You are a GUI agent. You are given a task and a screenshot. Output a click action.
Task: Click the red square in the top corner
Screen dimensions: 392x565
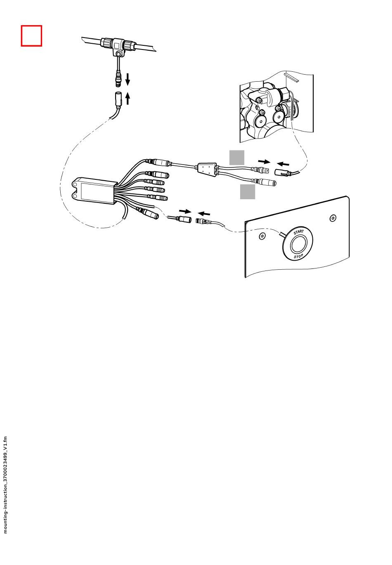(x=31, y=36)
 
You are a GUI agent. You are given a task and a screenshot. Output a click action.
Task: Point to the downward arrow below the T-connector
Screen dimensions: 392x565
(x=128, y=78)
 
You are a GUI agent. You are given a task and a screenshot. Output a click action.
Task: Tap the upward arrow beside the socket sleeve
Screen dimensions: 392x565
(x=128, y=98)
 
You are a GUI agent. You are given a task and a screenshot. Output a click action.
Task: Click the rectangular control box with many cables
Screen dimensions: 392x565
(x=95, y=191)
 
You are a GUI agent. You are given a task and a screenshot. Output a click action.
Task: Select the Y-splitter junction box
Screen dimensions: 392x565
(x=207, y=169)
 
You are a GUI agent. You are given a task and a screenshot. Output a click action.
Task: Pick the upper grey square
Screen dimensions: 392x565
(x=237, y=157)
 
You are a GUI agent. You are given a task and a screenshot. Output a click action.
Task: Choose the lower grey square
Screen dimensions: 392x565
(x=248, y=192)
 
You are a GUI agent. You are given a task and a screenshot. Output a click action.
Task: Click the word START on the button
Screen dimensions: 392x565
(x=298, y=233)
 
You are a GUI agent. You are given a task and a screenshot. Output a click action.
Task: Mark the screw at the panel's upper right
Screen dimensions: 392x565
(x=333, y=218)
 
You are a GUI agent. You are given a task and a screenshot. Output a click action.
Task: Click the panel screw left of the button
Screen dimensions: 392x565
(x=262, y=236)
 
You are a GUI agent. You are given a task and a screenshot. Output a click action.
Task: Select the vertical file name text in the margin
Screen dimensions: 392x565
(x=5, y=485)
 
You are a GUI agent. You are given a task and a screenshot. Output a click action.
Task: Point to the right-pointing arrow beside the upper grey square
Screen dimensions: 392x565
(x=264, y=161)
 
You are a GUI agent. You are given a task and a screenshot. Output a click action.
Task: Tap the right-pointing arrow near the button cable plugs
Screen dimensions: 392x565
(x=185, y=212)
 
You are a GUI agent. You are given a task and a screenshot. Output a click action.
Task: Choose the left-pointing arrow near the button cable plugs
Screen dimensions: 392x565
(x=204, y=213)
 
